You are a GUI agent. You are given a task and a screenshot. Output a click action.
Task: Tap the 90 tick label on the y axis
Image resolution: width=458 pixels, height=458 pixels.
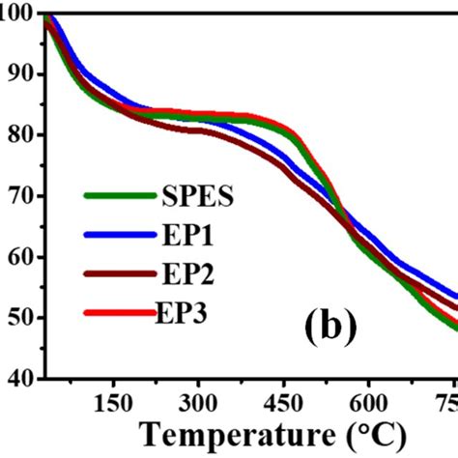[19, 74]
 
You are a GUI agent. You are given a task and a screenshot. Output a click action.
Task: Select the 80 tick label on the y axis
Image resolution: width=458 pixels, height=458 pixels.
[19, 135]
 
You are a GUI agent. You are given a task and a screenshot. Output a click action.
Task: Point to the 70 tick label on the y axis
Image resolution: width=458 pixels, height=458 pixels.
[19, 196]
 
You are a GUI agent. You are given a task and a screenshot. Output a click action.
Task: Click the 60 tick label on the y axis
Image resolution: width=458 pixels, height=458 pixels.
[19, 257]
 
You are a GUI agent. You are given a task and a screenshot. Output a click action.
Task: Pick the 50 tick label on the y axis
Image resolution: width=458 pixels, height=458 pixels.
[19, 318]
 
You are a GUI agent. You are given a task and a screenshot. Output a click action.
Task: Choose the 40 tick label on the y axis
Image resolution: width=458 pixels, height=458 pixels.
[19, 379]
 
